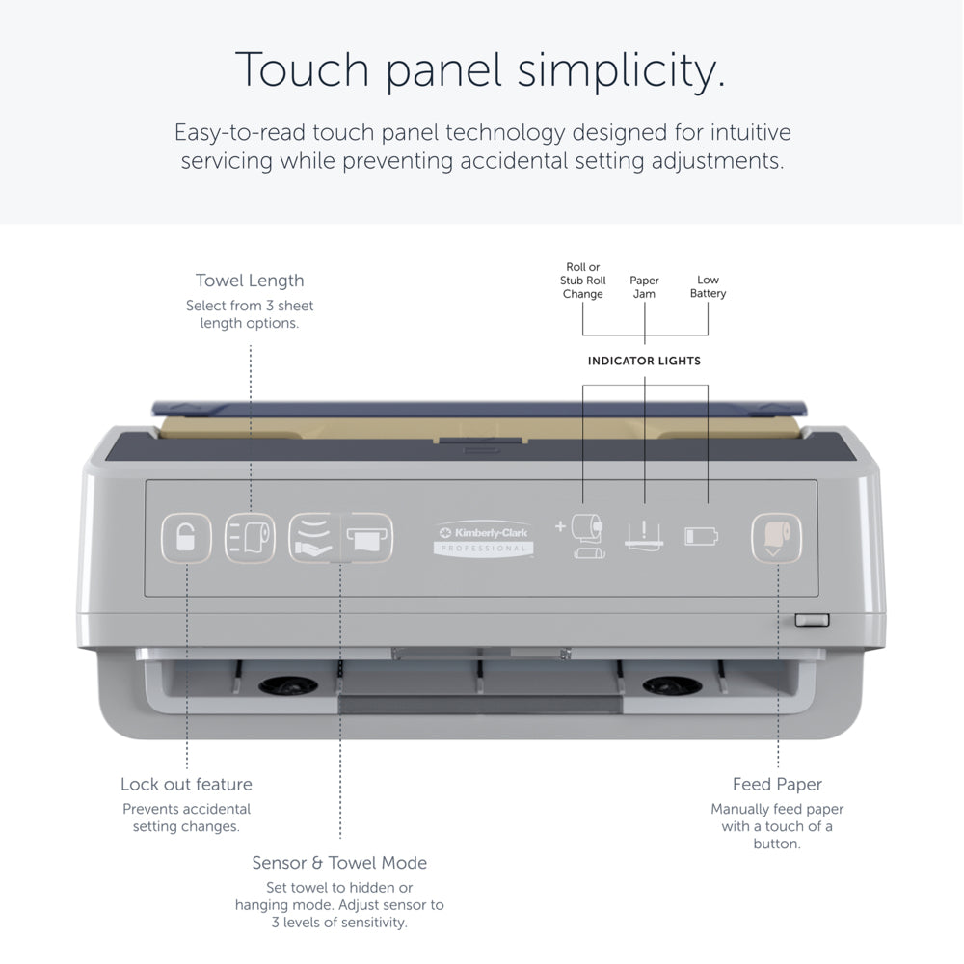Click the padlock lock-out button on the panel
pos(186,538)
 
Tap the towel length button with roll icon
pos(250,538)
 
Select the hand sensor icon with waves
pos(314,537)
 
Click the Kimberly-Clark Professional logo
pos(483,539)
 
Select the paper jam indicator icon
pos(644,535)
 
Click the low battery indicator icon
pos(702,536)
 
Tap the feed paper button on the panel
pos(776,538)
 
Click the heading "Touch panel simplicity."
pos(481,69)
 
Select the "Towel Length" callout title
pos(250,281)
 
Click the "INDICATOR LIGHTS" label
pos(644,361)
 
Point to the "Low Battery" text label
pos(708,286)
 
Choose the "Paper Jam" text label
pos(644,287)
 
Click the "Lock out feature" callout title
pos(186,784)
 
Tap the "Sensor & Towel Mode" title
pos(339,863)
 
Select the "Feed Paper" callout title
pos(777,784)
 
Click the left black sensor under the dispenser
pos(288,684)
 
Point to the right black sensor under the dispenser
pos(672,684)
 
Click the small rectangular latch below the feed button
pos(812,620)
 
